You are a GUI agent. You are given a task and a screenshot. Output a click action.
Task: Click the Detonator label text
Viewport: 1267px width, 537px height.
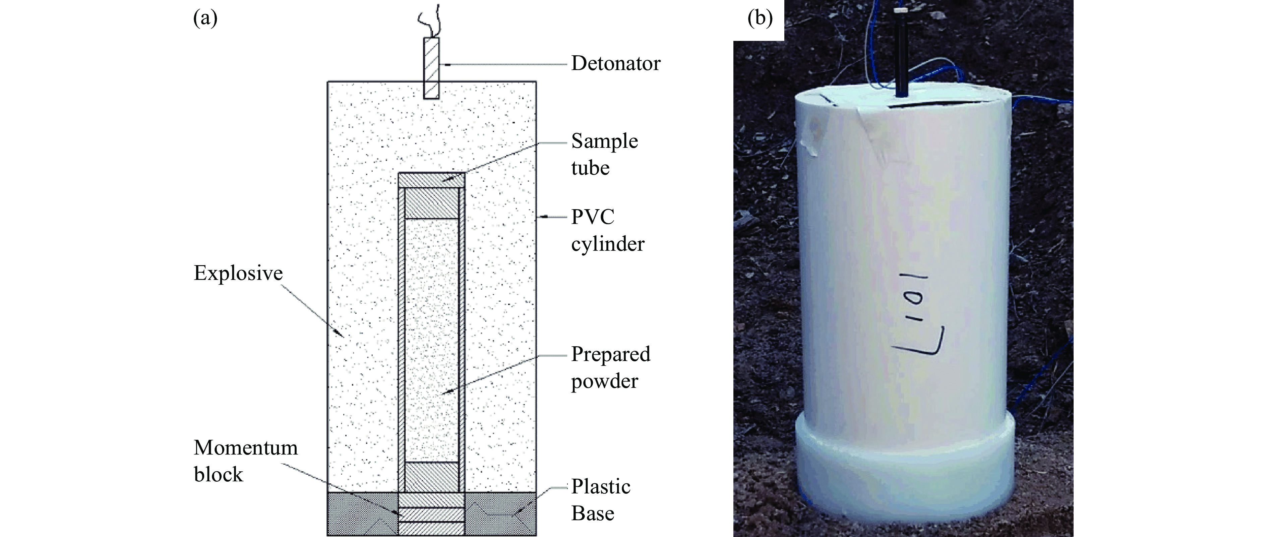point(615,63)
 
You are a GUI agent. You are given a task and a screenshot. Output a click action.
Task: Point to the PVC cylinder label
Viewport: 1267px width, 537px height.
point(607,230)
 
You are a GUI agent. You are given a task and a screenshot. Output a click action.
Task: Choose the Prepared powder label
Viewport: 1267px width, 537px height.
point(610,367)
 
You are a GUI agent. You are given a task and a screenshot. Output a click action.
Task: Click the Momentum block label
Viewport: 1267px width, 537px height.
point(245,461)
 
